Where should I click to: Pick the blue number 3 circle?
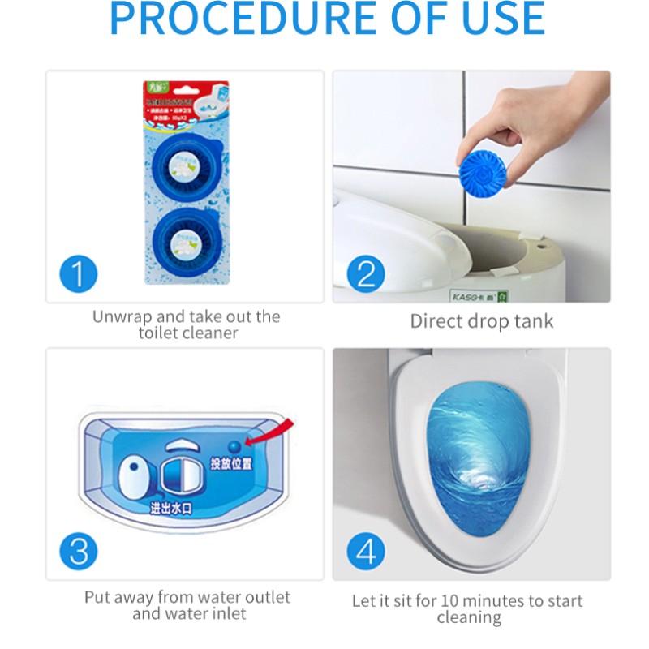(78, 551)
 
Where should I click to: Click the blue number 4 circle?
(366, 552)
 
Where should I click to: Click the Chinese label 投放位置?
(231, 464)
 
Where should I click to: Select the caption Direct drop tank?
(481, 320)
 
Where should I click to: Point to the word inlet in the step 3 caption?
(228, 614)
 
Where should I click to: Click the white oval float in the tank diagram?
(133, 475)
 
